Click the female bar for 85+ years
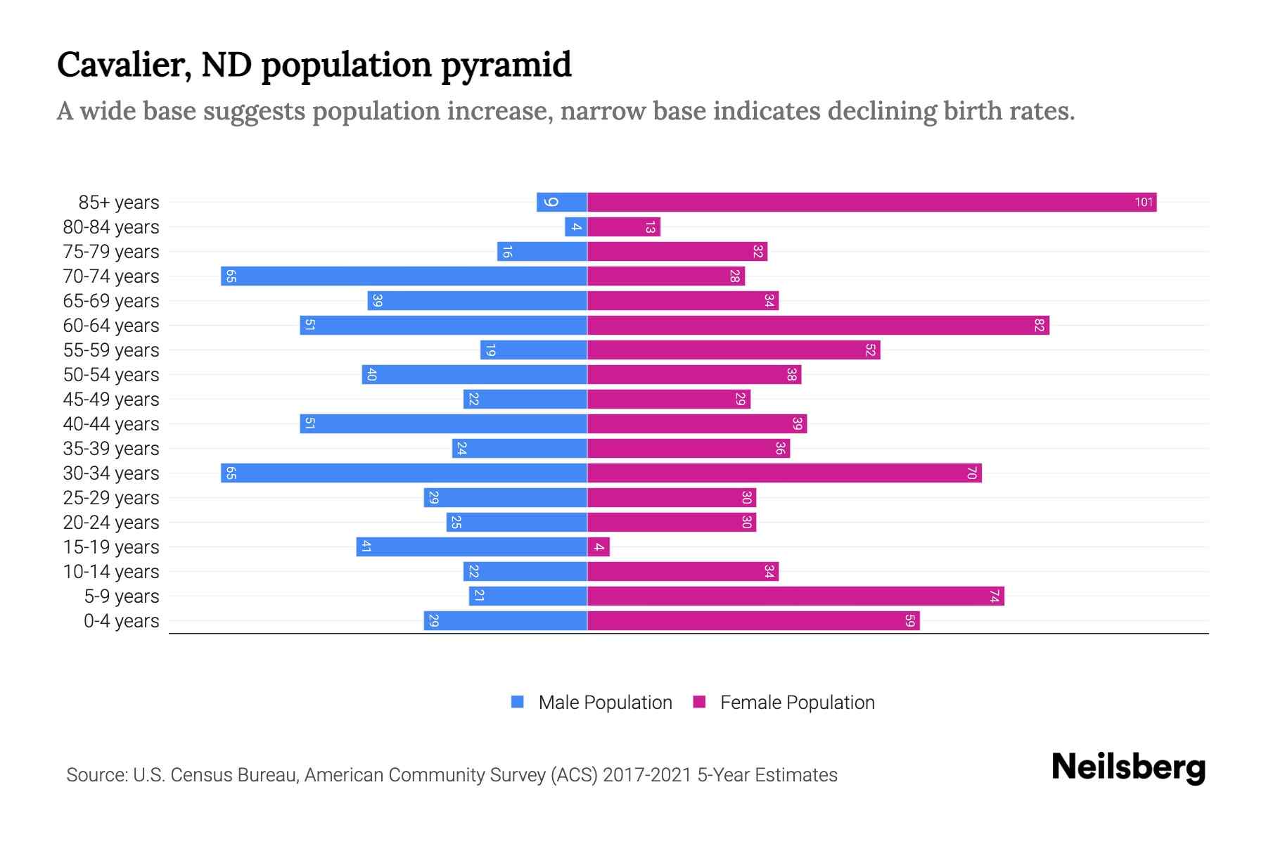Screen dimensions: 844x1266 (x=872, y=203)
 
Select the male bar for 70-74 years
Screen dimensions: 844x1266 (x=404, y=276)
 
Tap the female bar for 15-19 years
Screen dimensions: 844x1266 (x=599, y=547)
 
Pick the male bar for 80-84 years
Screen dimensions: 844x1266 (x=576, y=227)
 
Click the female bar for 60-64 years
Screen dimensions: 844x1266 (x=818, y=326)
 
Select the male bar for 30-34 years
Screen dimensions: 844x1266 (x=404, y=473)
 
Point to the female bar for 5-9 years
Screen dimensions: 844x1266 (x=795, y=596)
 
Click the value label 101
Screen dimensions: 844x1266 (x=1144, y=203)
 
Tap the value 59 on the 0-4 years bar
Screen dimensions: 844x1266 (x=909, y=621)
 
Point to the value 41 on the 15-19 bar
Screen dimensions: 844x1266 (x=366, y=547)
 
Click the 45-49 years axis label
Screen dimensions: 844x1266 (x=111, y=399)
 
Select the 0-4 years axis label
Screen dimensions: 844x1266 (x=121, y=621)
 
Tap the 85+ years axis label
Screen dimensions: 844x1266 (x=118, y=203)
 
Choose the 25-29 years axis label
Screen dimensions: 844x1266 (x=111, y=498)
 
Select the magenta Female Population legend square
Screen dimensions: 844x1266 (x=699, y=702)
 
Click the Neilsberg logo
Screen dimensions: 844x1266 (x=1128, y=767)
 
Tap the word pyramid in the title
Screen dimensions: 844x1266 (x=506, y=65)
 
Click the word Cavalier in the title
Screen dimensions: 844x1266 (x=124, y=65)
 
